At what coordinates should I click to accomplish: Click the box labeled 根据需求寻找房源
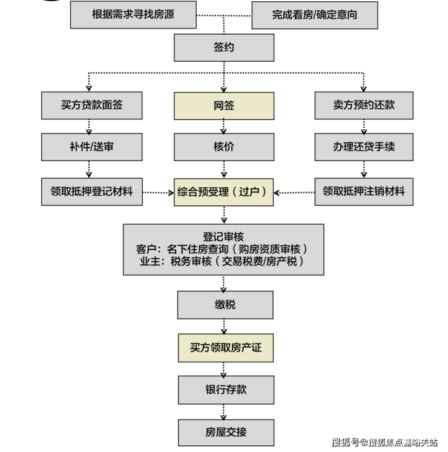pyautogui.click(x=133, y=15)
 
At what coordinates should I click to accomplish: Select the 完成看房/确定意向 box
pyautogui.click(x=314, y=15)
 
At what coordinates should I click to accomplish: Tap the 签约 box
pyautogui.click(x=224, y=47)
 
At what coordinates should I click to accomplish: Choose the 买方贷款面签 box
pyautogui.click(x=91, y=105)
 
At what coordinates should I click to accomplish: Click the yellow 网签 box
pyautogui.click(x=224, y=105)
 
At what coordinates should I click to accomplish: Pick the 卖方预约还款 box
pyautogui.click(x=363, y=105)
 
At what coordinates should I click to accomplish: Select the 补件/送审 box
pyautogui.click(x=91, y=147)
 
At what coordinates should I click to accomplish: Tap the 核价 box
pyautogui.click(x=224, y=147)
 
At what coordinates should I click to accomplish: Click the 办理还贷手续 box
pyautogui.click(x=363, y=147)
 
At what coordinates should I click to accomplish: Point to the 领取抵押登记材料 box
pyautogui.click(x=91, y=192)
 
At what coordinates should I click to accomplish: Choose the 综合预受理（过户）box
pyautogui.click(x=224, y=192)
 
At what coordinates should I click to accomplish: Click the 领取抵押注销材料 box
pyautogui.click(x=363, y=192)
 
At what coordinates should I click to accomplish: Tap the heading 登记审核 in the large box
pyautogui.click(x=223, y=236)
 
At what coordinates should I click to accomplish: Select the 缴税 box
pyautogui.click(x=224, y=305)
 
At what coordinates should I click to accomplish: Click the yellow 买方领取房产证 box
pyautogui.click(x=224, y=348)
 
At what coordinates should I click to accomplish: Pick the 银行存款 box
pyautogui.click(x=224, y=390)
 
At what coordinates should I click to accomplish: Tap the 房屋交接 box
pyautogui.click(x=224, y=433)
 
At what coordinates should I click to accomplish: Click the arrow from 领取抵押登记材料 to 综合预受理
pyautogui.click(x=158, y=193)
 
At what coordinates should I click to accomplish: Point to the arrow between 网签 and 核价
pyautogui.click(x=224, y=126)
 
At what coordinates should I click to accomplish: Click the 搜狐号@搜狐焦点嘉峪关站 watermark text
pyautogui.click(x=385, y=443)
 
